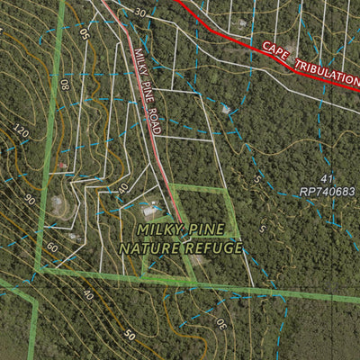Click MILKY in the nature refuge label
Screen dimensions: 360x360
coord(158,230)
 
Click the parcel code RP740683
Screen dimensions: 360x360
coord(328,192)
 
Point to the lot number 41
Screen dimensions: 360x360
coord(326,179)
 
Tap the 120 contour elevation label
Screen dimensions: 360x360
coord(22,133)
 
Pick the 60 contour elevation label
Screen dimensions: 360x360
coord(52,247)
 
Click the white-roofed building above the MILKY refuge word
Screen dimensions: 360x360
coord(149,211)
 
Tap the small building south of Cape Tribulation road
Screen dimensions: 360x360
coord(225,109)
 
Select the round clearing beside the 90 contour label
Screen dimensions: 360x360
coord(58,205)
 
